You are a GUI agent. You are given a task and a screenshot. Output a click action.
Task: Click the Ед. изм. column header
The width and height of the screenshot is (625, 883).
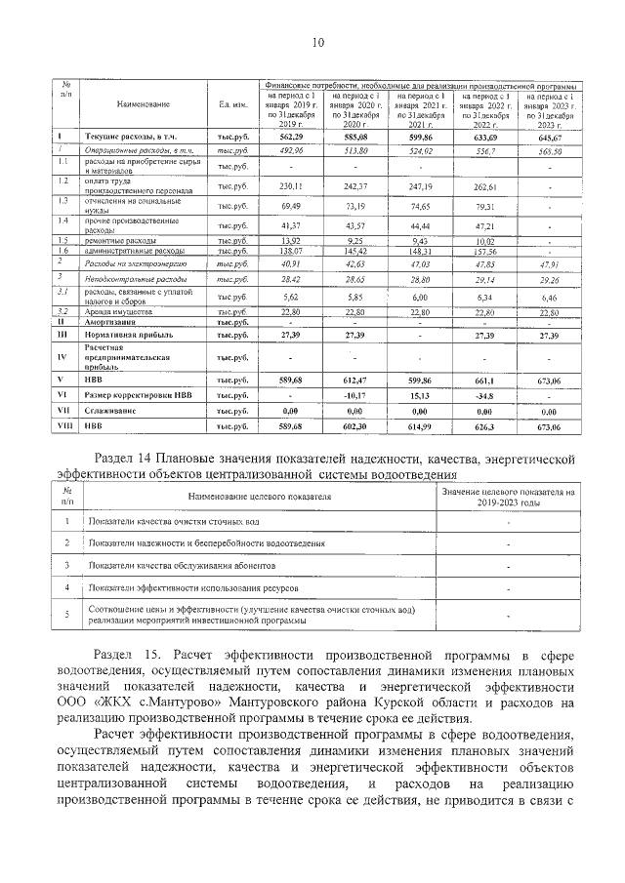231,103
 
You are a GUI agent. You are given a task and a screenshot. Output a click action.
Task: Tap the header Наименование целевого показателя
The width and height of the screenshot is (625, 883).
258,497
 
